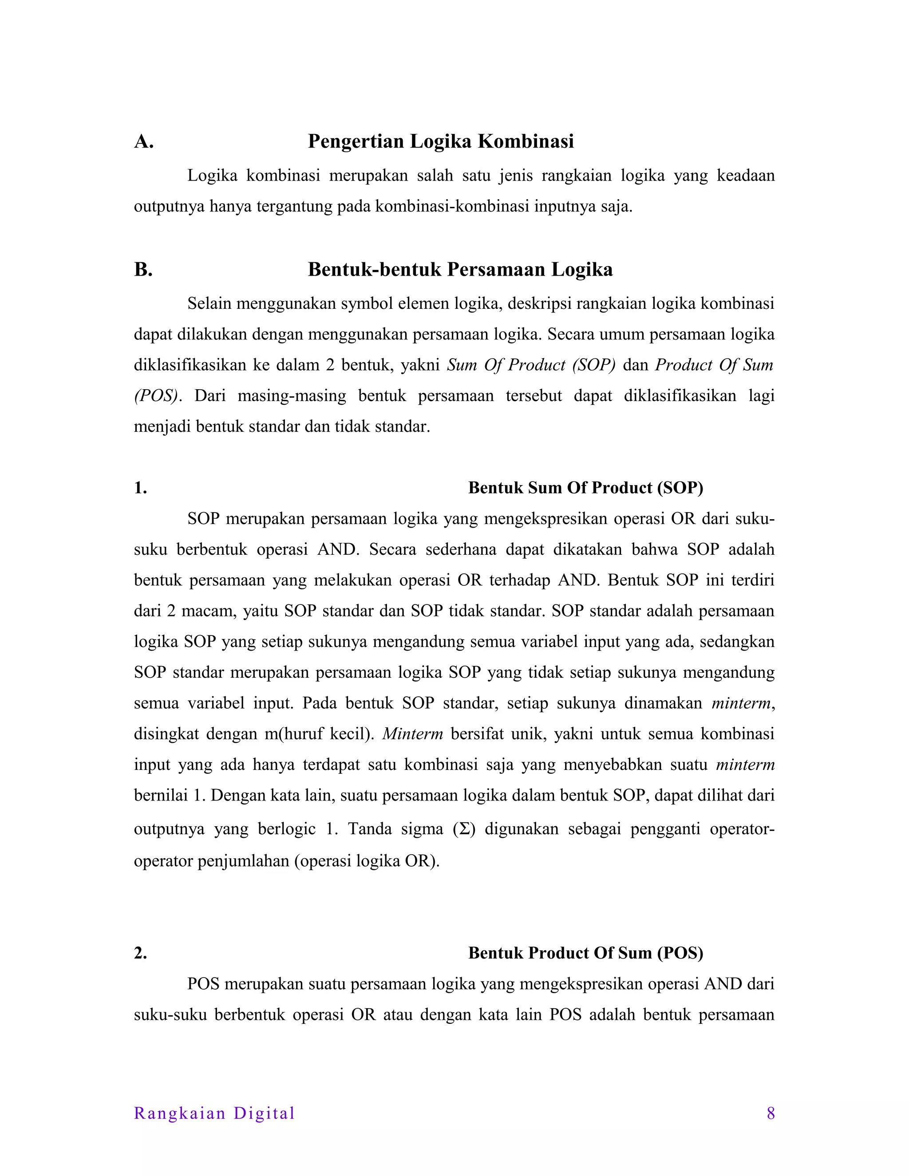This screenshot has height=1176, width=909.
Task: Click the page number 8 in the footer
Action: point(771,1113)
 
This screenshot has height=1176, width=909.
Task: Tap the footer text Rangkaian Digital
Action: point(214,1113)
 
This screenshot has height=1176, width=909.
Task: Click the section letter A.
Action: point(144,142)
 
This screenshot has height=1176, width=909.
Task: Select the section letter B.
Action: point(143,269)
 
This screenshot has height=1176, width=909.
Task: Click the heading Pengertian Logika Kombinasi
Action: point(440,141)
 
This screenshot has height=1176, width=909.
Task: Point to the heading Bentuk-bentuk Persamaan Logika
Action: point(460,269)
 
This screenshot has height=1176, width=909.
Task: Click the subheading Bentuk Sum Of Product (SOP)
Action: point(585,488)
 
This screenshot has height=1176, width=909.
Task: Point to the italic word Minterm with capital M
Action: point(412,734)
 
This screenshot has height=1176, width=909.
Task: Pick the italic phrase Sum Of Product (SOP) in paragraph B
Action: point(531,365)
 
